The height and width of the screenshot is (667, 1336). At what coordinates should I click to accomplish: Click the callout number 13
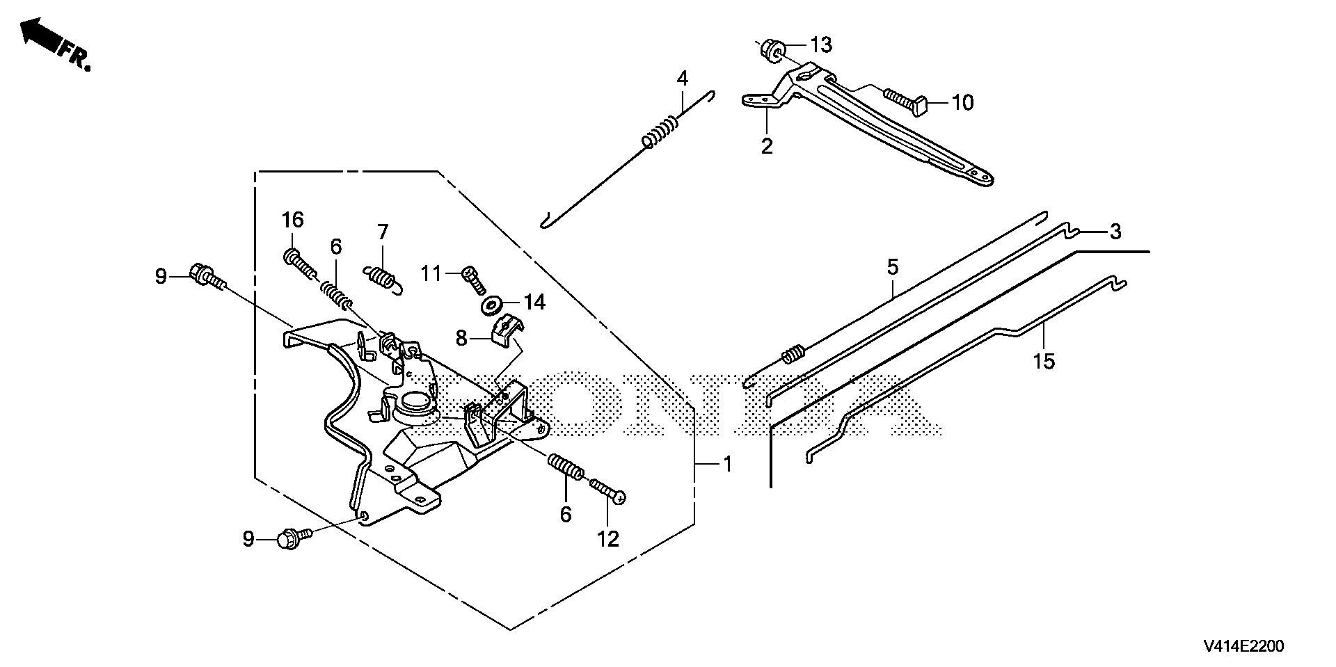[x=820, y=45]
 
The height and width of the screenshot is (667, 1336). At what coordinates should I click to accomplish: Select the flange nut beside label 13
[x=772, y=50]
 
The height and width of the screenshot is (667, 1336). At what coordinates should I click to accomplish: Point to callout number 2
[x=767, y=147]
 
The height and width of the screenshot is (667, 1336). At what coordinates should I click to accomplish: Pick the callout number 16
[x=293, y=220]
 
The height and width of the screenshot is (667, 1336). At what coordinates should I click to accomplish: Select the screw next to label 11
[x=475, y=280]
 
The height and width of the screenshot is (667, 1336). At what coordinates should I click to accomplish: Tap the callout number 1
[x=727, y=464]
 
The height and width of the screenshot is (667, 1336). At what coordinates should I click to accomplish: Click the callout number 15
[x=1044, y=361]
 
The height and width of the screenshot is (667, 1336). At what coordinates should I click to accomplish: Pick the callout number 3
[x=1115, y=232]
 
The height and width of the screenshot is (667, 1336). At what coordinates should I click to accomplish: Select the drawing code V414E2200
[x=1243, y=645]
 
